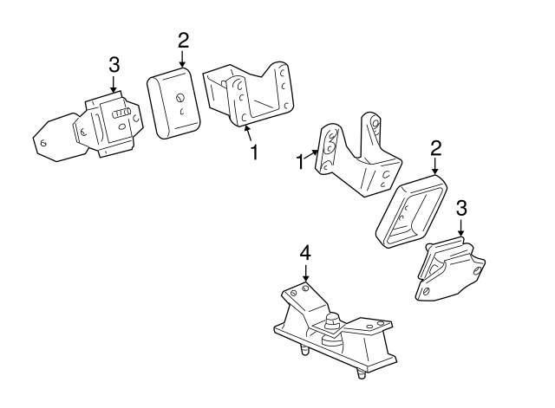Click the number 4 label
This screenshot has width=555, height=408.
305,253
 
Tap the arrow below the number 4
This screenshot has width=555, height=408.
305,273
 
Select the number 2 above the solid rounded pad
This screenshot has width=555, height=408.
183,41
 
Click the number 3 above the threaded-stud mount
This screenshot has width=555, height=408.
114,65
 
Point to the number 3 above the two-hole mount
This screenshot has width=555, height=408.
461,208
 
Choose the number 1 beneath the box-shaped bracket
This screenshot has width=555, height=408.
254,152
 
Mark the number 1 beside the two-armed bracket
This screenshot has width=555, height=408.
300,162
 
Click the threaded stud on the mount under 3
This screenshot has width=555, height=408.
121,113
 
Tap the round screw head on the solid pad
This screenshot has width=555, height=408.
180,98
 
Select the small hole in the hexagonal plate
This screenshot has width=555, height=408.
44,143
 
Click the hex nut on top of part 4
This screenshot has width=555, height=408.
332,320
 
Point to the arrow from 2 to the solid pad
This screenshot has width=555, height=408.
182,59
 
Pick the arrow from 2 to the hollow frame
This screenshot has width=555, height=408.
435,166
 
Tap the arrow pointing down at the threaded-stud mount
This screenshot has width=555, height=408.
114,84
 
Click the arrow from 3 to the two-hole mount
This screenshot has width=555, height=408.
460,227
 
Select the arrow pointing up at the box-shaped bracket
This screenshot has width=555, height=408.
249,133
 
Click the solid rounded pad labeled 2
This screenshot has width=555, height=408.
173,103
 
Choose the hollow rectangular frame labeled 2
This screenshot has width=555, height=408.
411,211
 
